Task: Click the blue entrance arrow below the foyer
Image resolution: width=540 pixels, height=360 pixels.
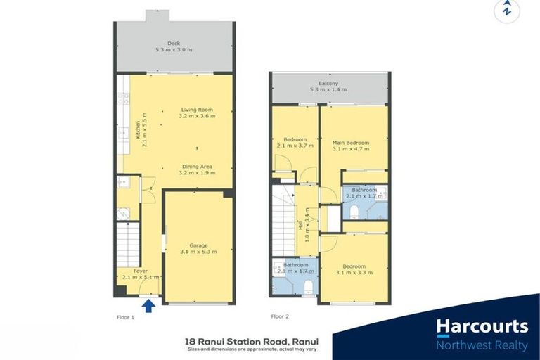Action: [149, 305]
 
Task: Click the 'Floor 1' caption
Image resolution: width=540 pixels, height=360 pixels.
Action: [125, 317]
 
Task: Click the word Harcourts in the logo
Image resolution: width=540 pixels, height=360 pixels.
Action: [482, 326]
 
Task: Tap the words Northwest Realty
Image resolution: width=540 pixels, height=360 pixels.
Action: [482, 345]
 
